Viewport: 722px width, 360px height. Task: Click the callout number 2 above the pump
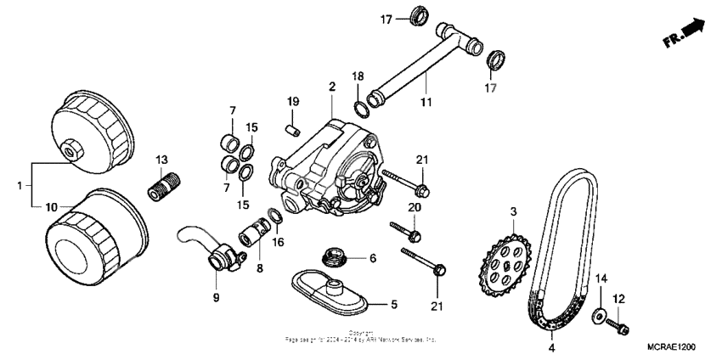click(332, 87)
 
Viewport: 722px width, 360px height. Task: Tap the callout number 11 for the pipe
click(426, 103)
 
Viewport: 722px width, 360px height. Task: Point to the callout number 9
click(216, 297)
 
